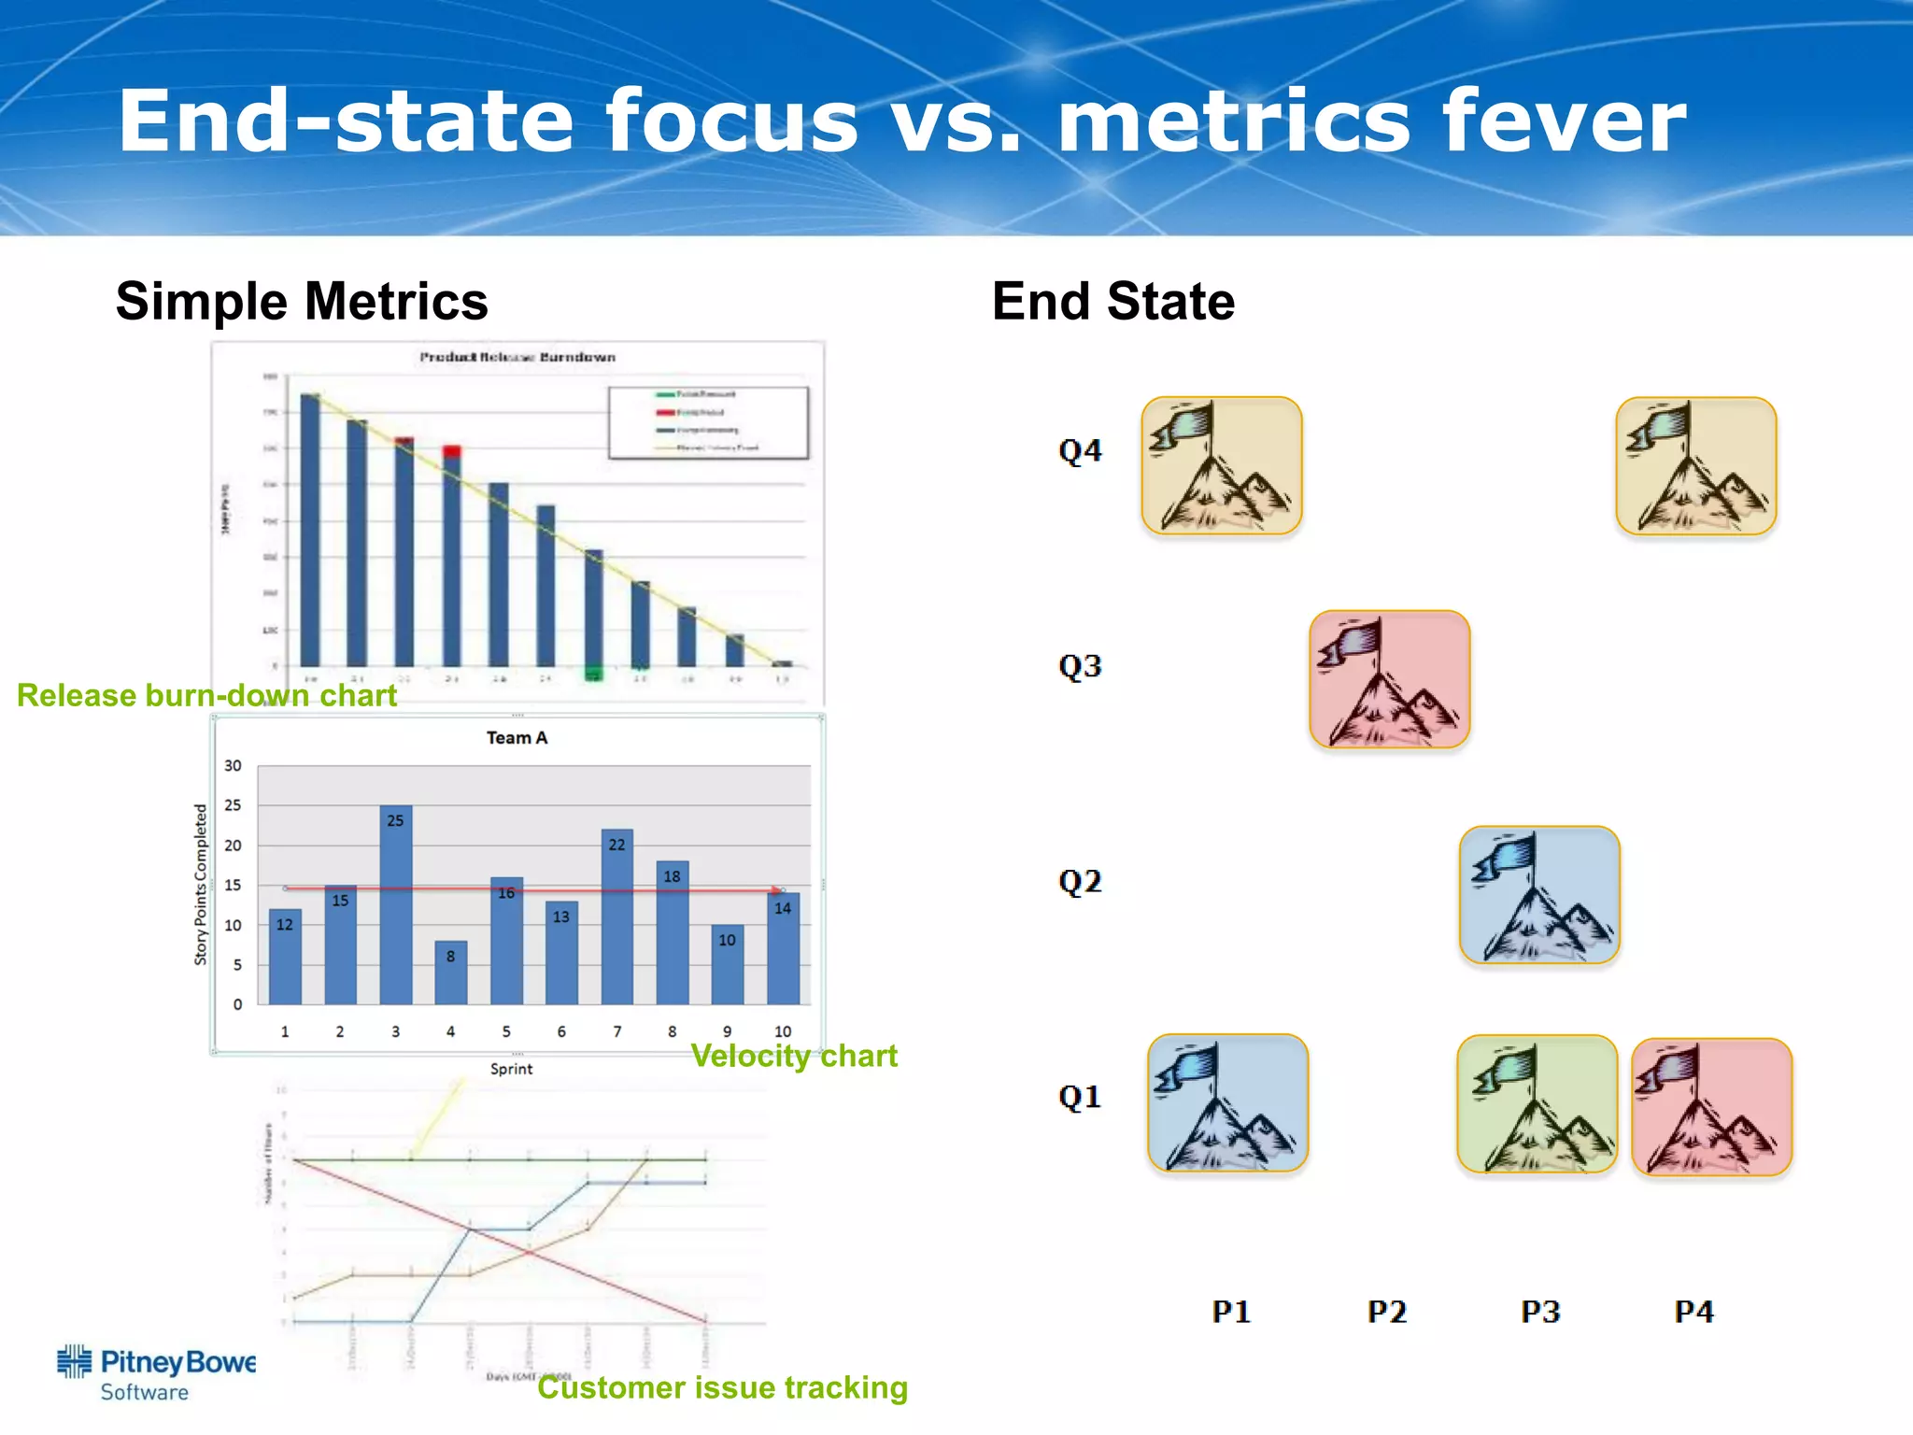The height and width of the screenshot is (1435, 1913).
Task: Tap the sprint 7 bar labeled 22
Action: pos(616,916)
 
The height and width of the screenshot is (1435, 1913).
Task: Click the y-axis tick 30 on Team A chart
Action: pos(233,766)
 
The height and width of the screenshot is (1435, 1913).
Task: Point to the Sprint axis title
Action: pos(511,1069)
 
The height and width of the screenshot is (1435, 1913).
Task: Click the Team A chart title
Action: pos(517,738)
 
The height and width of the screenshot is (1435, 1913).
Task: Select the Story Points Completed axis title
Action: pos(201,884)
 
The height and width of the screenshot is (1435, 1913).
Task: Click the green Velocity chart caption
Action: pos(794,1056)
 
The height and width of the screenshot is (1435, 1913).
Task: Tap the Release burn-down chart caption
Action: pos(206,695)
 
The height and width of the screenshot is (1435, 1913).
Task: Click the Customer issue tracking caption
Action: pos(722,1387)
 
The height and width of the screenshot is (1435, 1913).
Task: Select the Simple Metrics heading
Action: pos(302,302)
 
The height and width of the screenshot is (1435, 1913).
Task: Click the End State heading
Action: pos(1113,302)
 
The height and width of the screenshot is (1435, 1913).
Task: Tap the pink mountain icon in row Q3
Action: pos(1390,679)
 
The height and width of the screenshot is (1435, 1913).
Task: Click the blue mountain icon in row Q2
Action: pos(1539,895)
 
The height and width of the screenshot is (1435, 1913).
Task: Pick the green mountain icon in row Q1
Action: pos(1537,1103)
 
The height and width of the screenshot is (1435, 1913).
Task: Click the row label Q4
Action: pos(1080,451)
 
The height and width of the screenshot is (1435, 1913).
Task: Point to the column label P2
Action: pos(1386,1312)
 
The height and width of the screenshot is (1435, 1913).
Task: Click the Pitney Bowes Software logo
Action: pos(156,1373)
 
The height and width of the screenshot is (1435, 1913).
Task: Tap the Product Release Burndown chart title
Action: pos(517,357)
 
